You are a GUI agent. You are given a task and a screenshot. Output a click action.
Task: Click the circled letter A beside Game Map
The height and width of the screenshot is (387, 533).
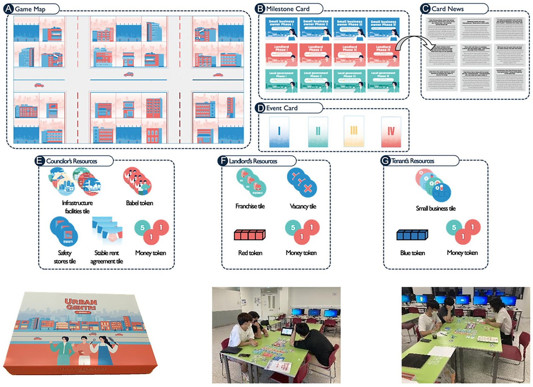click(8, 9)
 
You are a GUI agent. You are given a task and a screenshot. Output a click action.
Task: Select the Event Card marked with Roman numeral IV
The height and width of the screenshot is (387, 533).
click(391, 132)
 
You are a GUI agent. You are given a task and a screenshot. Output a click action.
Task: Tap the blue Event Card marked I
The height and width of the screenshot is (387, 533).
click(279, 132)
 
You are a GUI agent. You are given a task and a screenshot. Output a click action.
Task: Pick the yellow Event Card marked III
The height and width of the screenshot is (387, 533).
click(354, 132)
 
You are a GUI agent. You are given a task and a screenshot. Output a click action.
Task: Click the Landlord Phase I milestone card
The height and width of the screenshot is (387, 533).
click(281, 54)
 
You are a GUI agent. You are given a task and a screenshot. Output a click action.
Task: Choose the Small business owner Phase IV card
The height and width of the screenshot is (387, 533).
click(383, 29)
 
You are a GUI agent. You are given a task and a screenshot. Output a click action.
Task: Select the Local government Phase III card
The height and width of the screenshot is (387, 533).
click(349, 80)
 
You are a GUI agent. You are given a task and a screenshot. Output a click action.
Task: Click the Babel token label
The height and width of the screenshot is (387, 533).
click(140, 203)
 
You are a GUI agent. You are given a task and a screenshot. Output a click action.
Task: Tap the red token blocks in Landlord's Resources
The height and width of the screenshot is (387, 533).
click(250, 235)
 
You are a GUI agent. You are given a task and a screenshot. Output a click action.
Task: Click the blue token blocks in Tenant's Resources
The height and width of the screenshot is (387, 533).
click(412, 235)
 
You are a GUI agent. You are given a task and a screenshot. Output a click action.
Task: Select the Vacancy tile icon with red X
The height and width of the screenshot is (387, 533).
click(302, 183)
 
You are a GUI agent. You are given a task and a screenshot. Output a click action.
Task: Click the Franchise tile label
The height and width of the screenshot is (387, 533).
click(250, 206)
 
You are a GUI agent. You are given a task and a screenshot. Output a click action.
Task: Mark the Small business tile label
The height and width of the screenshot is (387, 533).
click(435, 208)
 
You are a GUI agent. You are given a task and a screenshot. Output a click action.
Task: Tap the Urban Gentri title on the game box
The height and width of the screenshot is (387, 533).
click(81, 304)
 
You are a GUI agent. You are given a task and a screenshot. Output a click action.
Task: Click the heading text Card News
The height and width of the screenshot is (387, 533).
click(447, 9)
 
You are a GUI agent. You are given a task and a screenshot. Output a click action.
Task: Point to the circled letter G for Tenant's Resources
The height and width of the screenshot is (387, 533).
click(385, 161)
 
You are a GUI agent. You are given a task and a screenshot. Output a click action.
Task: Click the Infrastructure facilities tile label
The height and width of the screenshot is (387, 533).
click(77, 207)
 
